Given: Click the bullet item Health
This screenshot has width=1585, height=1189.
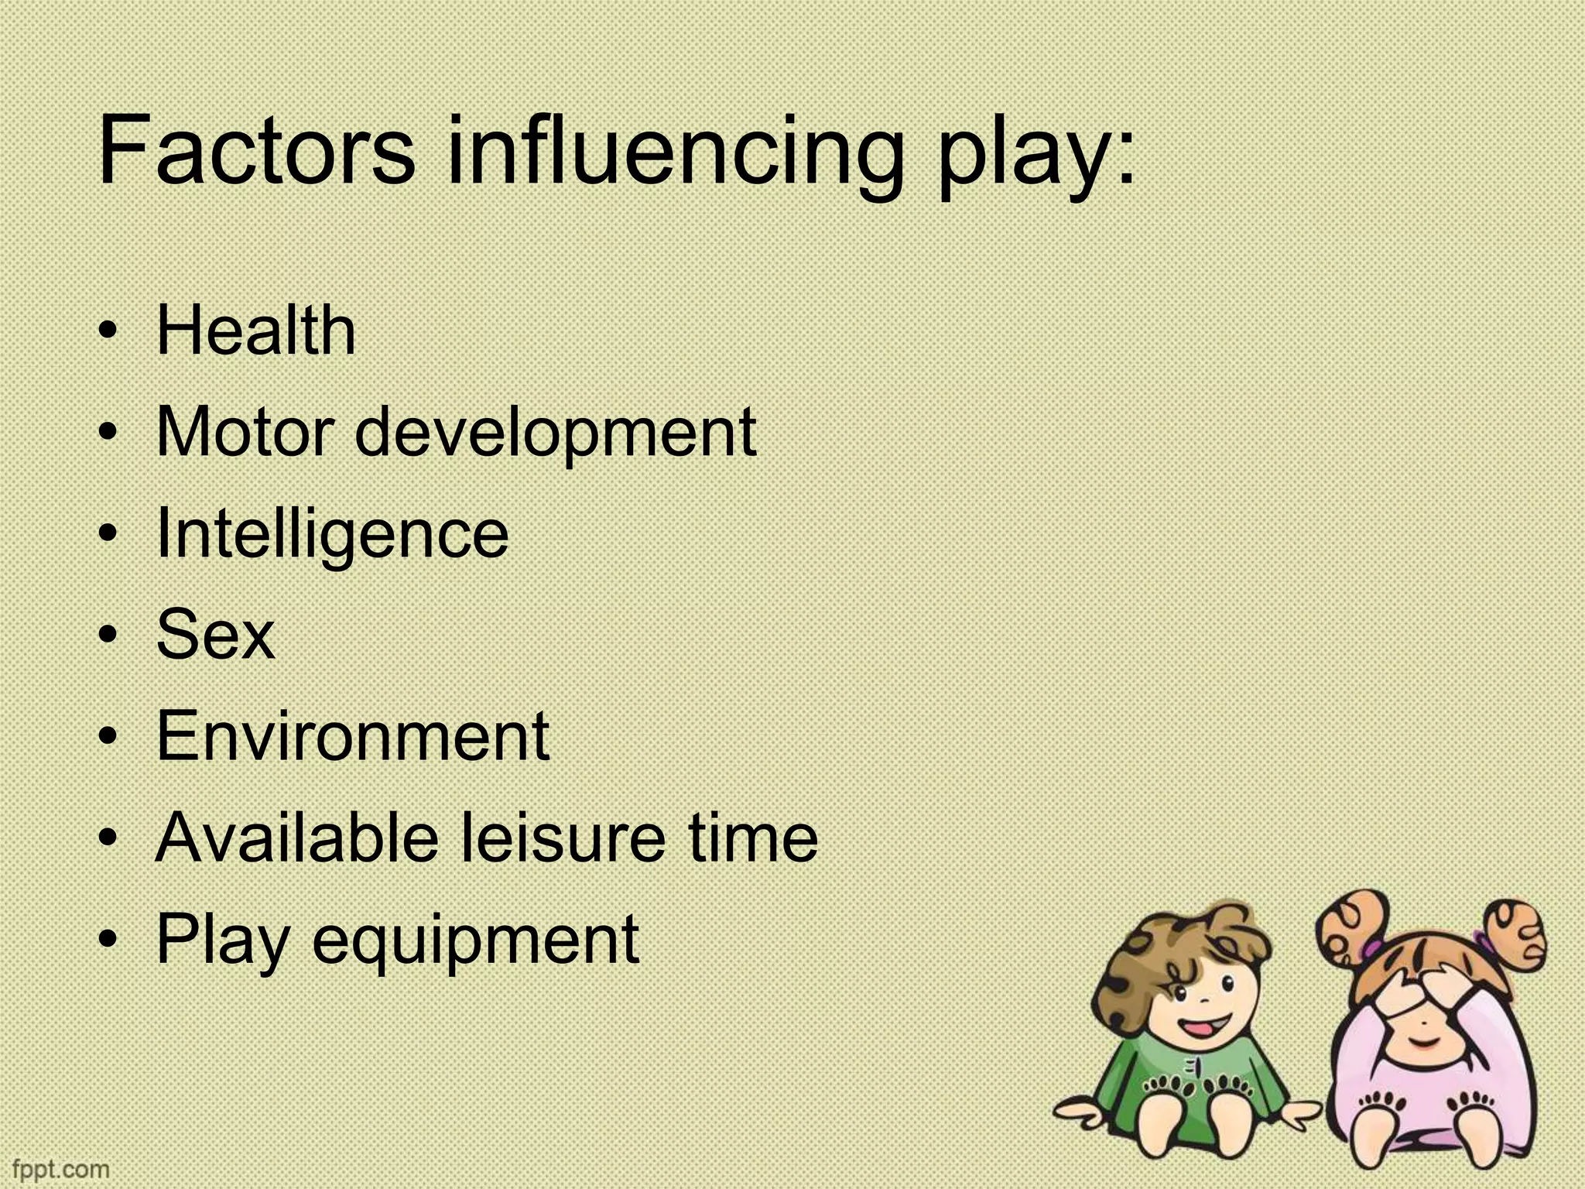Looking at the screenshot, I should pos(255,331).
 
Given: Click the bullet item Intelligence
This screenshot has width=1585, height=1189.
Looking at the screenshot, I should pos(332,536).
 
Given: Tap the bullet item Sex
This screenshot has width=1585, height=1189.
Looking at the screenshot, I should pos(215,636).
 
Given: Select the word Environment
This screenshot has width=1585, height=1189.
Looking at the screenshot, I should pos(352,736).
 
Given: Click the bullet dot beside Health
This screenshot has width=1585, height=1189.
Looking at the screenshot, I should pos(111,333).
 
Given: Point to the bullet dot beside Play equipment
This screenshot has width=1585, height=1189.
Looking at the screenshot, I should pos(111,941).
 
